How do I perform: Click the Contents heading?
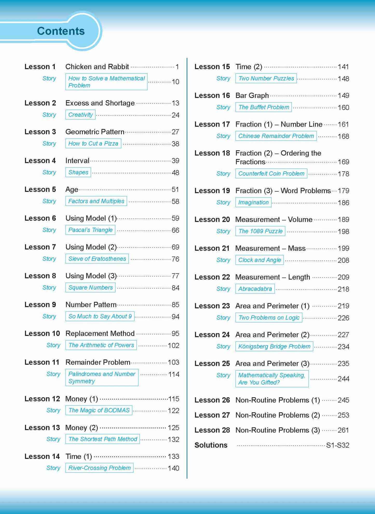pos(61,31)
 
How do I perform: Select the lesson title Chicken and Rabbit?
pos(97,67)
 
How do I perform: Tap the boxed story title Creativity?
pos(80,115)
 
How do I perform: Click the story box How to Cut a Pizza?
pos(93,144)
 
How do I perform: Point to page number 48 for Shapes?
pos(175,173)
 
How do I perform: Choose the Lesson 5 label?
pos(40,189)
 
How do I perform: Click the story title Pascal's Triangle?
pos(90,230)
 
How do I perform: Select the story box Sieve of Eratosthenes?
pos(97,259)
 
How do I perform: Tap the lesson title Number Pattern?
pos(91,304)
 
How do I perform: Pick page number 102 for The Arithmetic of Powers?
pos(173,346)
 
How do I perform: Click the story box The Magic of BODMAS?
pos(99,410)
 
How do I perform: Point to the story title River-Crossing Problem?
pos(99,468)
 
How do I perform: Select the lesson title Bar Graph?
pos(252,96)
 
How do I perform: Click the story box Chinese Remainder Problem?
pos(276,136)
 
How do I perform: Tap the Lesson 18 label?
pos(212,153)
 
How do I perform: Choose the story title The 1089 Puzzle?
pos(260,231)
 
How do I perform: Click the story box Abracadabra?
pos(255,289)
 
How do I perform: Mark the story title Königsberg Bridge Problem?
pos(274,347)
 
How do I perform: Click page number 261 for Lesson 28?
pos(343,430)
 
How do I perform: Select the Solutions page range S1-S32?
pos(337,445)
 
